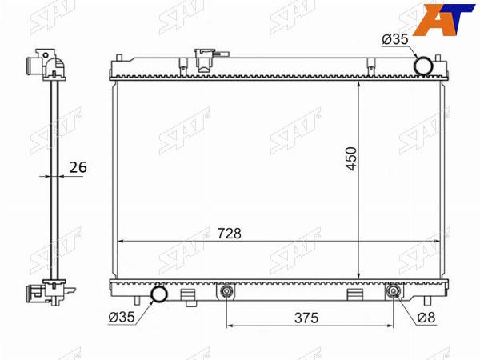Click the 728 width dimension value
click(x=229, y=234)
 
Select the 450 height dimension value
click(x=351, y=159)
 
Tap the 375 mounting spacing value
click(x=306, y=318)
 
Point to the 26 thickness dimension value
click(x=78, y=167)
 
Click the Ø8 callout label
click(x=426, y=318)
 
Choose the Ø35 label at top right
click(x=395, y=39)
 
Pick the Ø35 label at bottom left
click(x=122, y=317)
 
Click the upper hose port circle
click(x=423, y=66)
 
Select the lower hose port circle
click(x=160, y=294)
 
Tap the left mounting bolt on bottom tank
click(x=226, y=291)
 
